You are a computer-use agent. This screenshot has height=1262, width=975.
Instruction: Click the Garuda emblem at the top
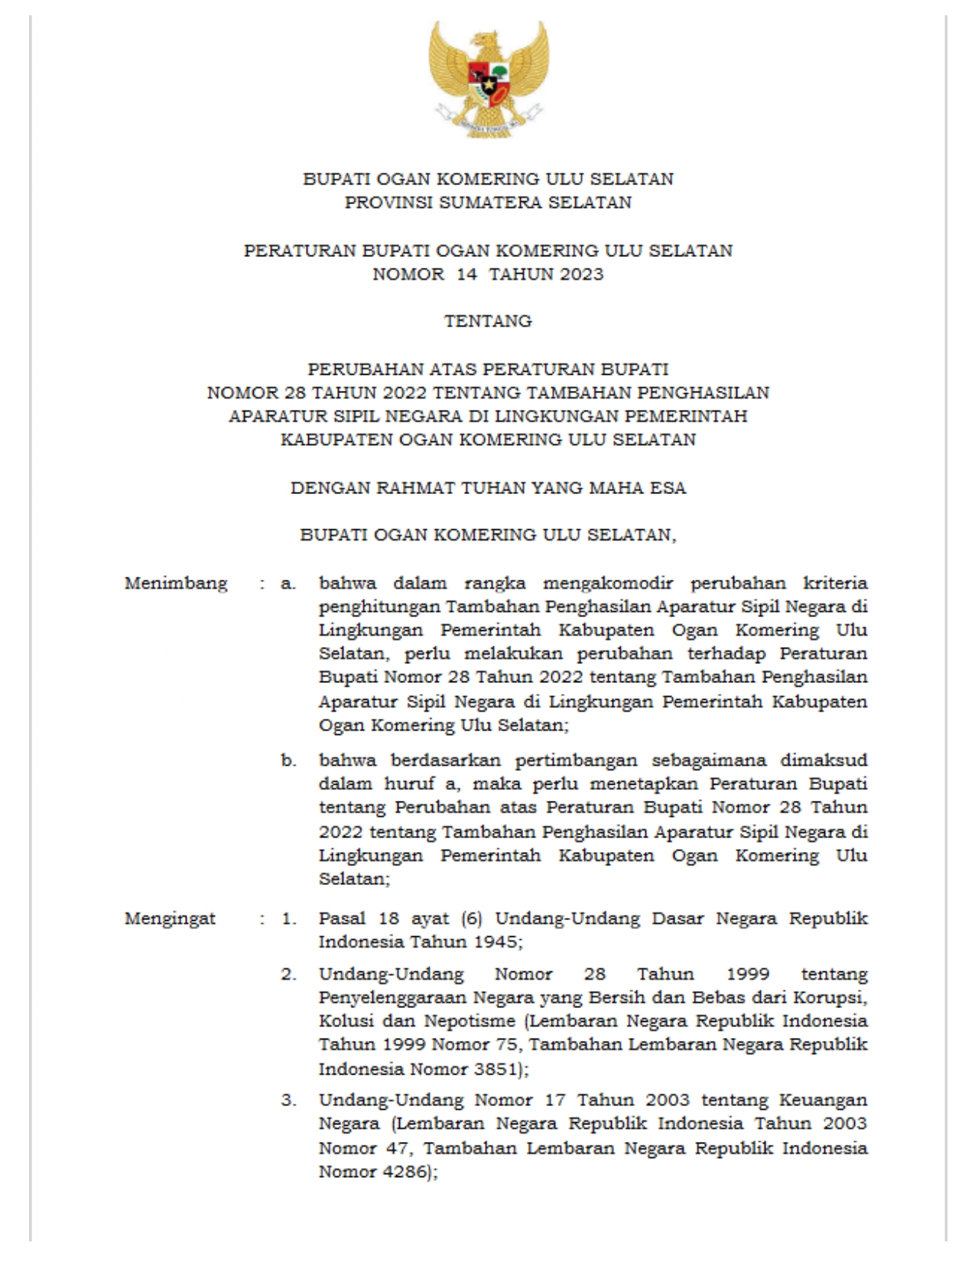coord(489,78)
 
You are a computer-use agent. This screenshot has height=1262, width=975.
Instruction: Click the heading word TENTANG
coord(488,321)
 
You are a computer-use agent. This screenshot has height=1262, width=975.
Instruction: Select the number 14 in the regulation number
coord(466,275)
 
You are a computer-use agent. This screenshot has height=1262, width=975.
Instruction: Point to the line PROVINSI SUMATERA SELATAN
coord(488,203)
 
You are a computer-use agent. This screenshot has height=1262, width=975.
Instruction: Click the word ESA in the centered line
coord(668,488)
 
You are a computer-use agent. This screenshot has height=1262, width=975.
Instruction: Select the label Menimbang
coord(176,584)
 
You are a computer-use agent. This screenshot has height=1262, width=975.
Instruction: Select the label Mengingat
coord(170,918)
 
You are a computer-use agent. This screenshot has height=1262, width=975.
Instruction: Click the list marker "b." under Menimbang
coord(288,761)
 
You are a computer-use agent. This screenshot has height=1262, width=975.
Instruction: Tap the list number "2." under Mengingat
coord(288,974)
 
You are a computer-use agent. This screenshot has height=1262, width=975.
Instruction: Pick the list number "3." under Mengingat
coord(288,1101)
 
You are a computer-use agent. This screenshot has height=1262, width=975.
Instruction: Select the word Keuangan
coord(823,1101)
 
